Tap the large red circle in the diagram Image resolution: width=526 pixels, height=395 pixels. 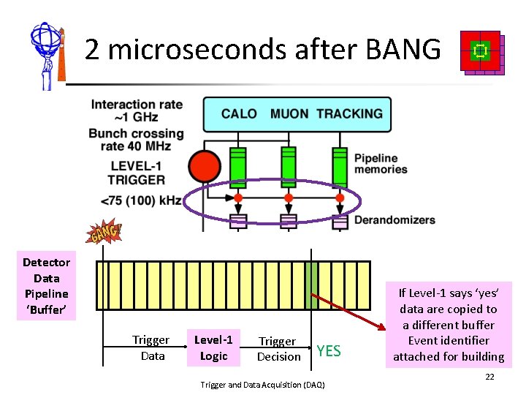[205, 168]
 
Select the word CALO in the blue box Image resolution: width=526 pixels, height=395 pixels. [239, 113]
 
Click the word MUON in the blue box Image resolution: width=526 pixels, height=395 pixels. [289, 113]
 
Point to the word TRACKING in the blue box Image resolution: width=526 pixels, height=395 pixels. [349, 113]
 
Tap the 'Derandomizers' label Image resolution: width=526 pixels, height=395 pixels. [394, 220]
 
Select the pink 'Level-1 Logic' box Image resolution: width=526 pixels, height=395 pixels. [213, 347]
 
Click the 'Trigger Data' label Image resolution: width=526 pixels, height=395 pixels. [150, 347]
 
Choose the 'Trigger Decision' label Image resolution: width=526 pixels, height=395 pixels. [278, 349]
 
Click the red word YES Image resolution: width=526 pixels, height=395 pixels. [329, 351]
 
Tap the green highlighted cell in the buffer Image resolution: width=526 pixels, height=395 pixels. [312, 279]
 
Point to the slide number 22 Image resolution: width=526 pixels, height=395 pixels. [490, 376]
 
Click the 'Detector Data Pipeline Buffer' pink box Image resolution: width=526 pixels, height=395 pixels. [47, 286]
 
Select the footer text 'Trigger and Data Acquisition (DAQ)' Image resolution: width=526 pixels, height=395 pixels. [262, 385]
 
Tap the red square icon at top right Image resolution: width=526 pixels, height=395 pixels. [481, 50]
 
